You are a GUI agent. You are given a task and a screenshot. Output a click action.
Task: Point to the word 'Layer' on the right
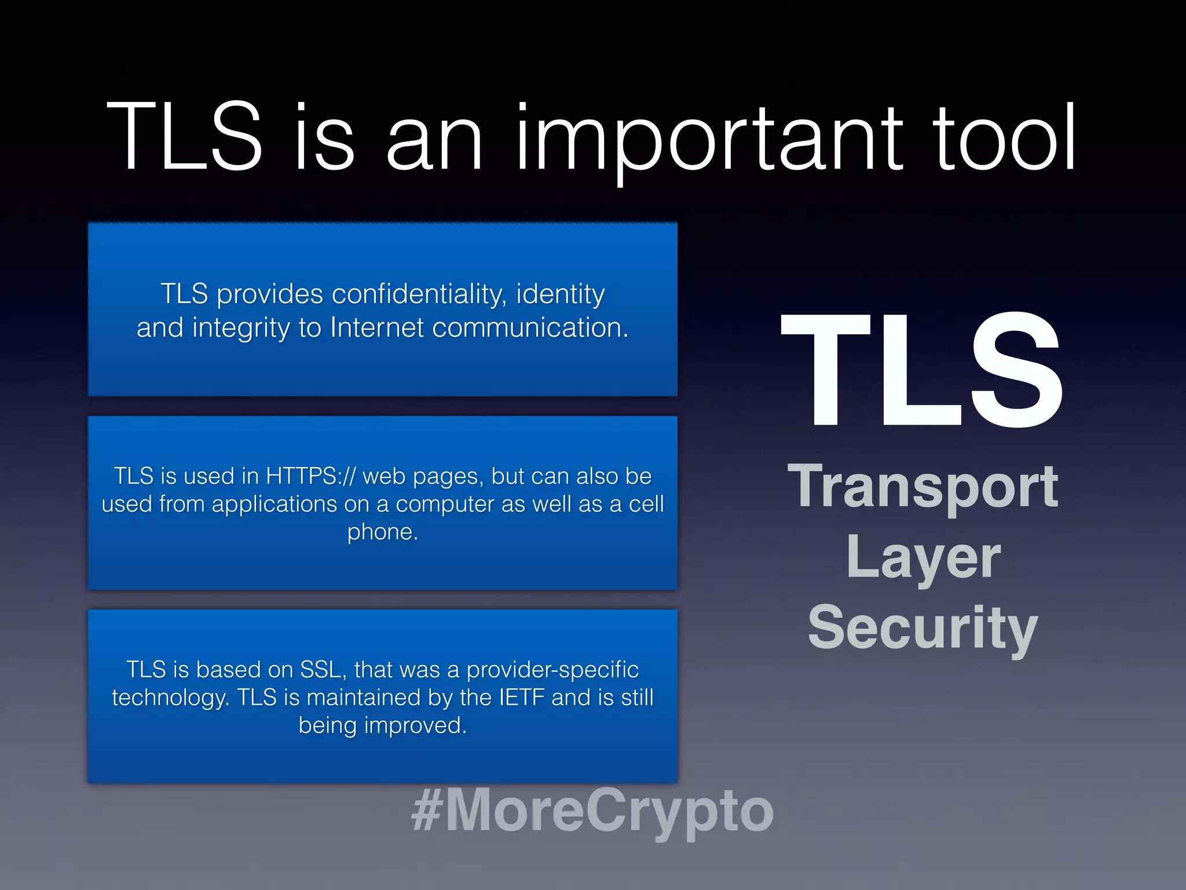(x=923, y=557)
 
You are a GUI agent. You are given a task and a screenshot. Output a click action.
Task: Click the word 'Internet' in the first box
(x=377, y=328)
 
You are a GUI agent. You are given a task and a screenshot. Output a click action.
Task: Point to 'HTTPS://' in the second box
(x=310, y=476)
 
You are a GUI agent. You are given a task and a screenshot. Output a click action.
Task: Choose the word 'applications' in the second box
(x=274, y=504)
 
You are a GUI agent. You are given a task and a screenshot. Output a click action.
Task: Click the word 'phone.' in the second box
(x=382, y=532)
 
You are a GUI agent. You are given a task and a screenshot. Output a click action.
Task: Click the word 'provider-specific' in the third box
(x=552, y=670)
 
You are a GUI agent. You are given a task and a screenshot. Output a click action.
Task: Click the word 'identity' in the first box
(x=560, y=294)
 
